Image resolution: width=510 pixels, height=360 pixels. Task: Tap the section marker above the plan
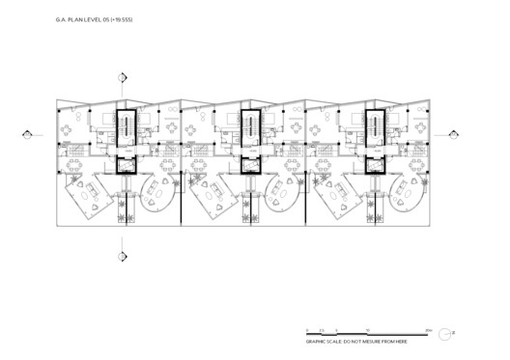tap(121, 78)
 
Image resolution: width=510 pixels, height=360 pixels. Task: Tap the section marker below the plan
tap(121, 256)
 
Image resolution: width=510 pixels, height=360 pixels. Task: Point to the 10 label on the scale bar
tap(368, 330)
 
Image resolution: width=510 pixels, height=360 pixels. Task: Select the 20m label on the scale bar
tap(428, 330)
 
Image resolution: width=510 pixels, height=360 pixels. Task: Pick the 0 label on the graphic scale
tap(307, 330)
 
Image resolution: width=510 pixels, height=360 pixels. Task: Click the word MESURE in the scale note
tap(374, 342)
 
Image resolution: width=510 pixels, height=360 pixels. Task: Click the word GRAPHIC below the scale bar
tap(317, 342)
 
